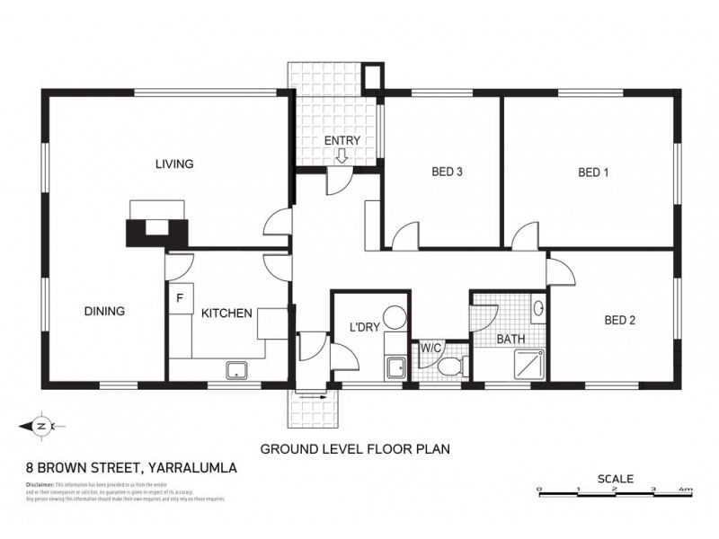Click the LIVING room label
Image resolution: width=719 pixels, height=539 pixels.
[x=174, y=163]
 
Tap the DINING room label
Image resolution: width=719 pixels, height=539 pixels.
[x=104, y=312]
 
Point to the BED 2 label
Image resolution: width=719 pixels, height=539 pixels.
[x=619, y=319]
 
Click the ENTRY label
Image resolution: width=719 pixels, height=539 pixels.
[x=342, y=141]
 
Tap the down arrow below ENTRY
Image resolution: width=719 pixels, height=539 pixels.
[x=342, y=156]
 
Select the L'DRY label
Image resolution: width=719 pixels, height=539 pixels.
[x=364, y=327]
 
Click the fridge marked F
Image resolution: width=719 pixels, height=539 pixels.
[x=180, y=297]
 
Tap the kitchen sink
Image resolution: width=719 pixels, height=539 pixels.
[x=238, y=369]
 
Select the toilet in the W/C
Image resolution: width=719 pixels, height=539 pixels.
[x=448, y=367]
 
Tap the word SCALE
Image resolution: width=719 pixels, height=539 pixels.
[x=616, y=478]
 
